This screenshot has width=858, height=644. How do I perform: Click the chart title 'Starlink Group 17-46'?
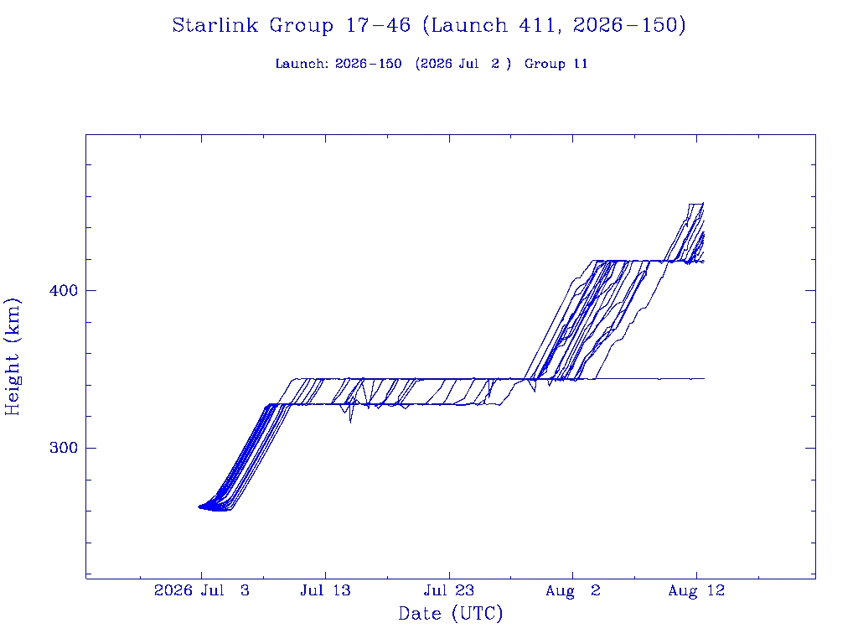291,25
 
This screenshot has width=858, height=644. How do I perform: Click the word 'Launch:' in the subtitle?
302,64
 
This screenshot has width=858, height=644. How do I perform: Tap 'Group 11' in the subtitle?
556,64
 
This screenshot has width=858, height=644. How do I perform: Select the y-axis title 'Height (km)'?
12,357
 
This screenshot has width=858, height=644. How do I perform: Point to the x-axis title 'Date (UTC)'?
450,613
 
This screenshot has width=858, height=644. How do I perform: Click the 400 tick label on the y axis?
64,290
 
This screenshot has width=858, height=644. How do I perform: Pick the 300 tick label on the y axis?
64,448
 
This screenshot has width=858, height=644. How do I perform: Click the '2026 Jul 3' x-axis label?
201,590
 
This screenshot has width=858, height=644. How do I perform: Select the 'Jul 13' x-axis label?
325,590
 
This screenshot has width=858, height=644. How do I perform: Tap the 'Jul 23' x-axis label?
449,590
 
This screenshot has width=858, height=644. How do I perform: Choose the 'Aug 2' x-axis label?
573,590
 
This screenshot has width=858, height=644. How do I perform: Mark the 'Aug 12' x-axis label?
696,590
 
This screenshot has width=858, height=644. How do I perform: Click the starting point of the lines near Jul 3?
199,507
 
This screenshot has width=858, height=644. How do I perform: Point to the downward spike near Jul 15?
351,423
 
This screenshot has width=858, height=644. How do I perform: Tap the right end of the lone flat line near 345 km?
704,378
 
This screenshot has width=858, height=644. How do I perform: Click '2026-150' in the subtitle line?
369,64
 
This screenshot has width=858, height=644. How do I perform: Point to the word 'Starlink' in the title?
215,25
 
